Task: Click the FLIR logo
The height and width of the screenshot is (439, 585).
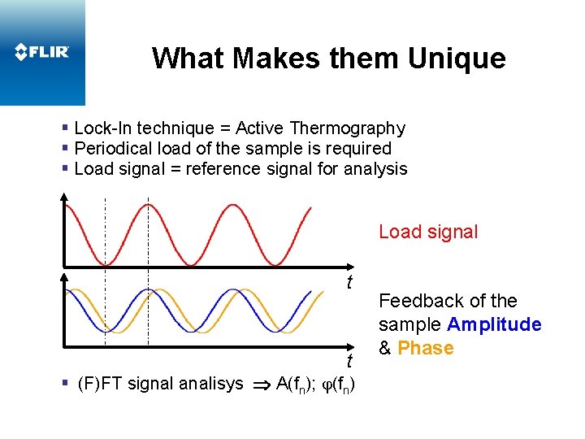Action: pos(42,52)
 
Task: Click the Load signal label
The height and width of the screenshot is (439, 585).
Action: pos(428,232)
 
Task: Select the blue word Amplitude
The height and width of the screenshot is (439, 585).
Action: pos(494,324)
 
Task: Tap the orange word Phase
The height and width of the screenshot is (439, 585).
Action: pos(426,348)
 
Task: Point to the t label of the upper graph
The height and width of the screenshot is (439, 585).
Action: pos(349,283)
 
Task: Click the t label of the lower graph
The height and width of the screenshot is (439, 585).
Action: pos(349,361)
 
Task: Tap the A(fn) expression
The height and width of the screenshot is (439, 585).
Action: pos(297,384)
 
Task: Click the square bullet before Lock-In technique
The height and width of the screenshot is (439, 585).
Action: pos(65,128)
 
